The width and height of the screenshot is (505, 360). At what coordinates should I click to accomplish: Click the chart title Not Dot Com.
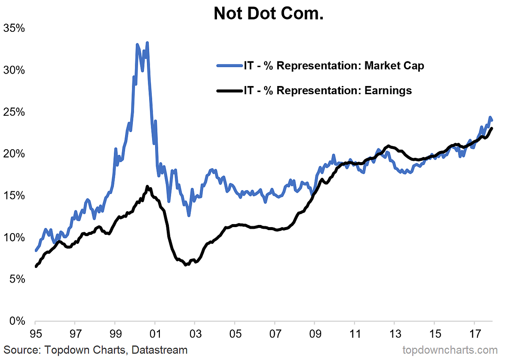click(269, 14)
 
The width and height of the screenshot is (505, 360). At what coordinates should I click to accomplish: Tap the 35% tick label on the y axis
click(14, 29)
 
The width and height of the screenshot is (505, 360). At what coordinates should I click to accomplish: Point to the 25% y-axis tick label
click(14, 112)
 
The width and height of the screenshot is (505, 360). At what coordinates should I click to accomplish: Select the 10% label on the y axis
click(14, 237)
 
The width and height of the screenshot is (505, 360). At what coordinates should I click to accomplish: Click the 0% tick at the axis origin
click(16, 321)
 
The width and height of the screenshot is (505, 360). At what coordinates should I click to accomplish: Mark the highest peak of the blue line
click(147, 43)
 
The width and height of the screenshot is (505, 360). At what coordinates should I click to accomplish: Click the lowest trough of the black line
click(186, 265)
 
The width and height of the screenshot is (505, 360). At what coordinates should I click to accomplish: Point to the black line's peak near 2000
click(147, 187)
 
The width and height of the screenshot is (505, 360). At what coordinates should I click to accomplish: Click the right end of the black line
click(492, 128)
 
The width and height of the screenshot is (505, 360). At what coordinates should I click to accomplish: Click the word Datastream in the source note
click(159, 350)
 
